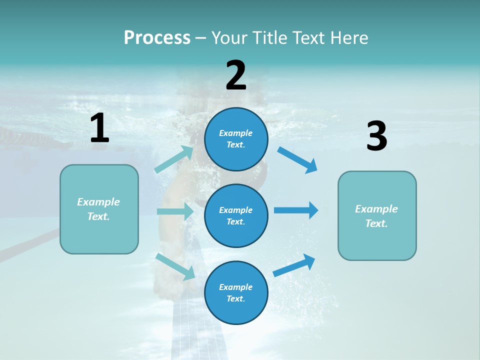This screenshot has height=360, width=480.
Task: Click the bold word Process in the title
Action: tap(157, 37)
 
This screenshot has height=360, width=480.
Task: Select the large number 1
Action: tap(99, 128)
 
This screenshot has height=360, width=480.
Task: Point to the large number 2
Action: tap(236, 75)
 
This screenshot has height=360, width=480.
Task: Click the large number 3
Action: tap(376, 136)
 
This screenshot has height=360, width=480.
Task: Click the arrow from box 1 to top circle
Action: tap(174, 159)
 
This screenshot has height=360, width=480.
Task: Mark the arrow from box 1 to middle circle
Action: tap(175, 211)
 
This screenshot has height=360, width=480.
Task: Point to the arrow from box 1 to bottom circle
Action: tap(175, 266)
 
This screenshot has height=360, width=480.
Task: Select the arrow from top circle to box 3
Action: tap(297, 160)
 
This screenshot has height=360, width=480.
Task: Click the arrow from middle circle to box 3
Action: tap(296, 210)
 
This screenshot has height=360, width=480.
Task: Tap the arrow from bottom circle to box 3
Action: tap(294, 265)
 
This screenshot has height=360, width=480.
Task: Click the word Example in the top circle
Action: tap(236, 133)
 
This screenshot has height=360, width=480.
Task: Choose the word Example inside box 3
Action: tap(376, 209)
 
